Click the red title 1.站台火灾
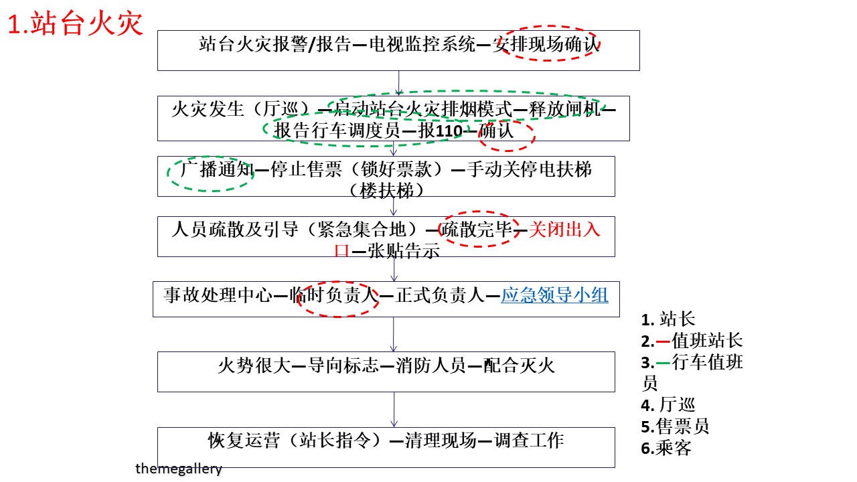(76, 23)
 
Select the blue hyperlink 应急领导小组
(555, 295)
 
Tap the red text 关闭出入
(564, 230)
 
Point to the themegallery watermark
(179, 468)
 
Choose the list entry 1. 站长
(668, 319)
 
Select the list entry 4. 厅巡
(668, 405)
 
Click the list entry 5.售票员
(675, 426)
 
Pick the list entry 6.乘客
(666, 448)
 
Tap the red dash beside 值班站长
(663, 341)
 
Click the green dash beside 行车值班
(663, 362)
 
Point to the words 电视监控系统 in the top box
(422, 44)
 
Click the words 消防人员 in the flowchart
(431, 366)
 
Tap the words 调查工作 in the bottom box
(529, 440)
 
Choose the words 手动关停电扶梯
(529, 169)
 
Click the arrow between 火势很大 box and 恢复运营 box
(394, 410)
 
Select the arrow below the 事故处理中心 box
(394, 334)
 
